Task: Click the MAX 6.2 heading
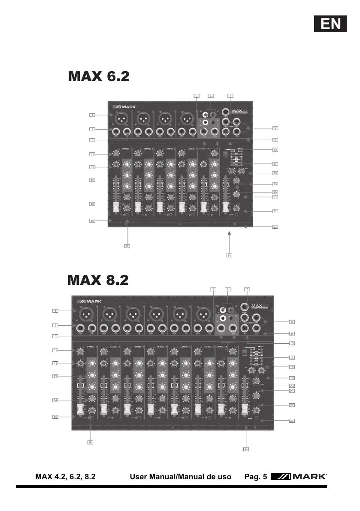[99, 77]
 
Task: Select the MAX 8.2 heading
[98, 280]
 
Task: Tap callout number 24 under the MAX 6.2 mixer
[229, 255]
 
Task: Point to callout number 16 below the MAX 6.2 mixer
[127, 246]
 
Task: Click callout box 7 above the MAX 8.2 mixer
[246, 290]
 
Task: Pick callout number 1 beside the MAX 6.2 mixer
[92, 115]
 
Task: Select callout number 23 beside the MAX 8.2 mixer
[292, 421]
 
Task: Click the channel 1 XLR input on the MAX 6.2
[122, 118]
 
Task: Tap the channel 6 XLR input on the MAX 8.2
[202, 315]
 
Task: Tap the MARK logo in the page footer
[299, 477]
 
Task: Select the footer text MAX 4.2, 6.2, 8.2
[65, 477]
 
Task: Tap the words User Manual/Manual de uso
[180, 477]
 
